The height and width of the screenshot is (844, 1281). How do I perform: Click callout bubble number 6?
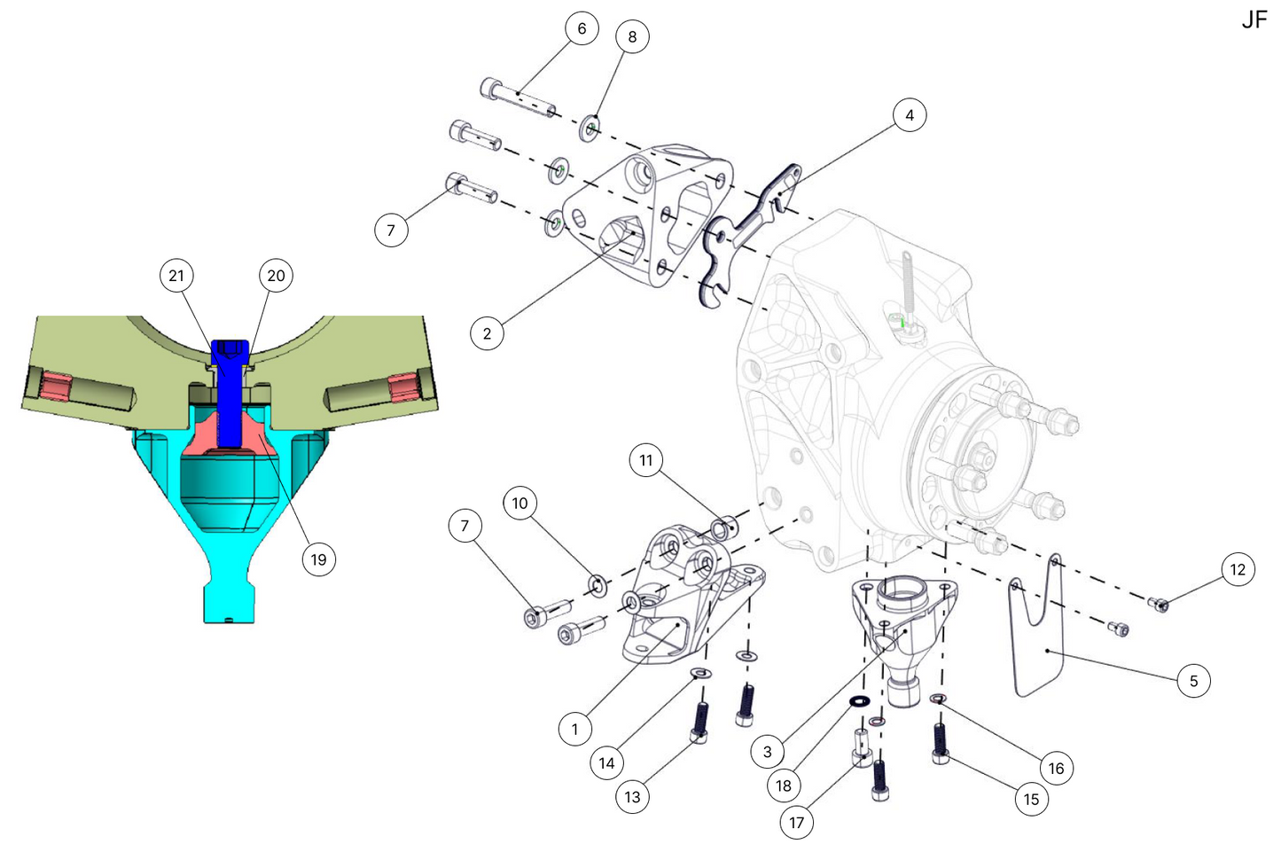tap(582, 28)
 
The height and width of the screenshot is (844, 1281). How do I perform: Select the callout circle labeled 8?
tap(632, 36)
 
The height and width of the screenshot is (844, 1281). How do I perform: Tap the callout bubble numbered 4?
tap(909, 115)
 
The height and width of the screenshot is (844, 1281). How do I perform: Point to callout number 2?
tap(487, 333)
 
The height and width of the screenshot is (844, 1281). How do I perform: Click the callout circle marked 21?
tap(176, 276)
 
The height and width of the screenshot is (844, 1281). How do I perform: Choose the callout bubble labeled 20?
tap(276, 276)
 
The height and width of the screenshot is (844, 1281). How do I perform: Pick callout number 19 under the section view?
tap(318, 559)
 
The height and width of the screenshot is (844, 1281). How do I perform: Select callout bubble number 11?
tap(645, 460)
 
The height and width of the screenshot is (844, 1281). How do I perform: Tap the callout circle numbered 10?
tap(519, 503)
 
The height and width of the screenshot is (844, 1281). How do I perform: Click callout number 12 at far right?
tap(1238, 569)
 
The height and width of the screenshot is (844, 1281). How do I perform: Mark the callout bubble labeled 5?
tap(1193, 681)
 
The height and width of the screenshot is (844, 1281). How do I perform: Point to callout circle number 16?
tap(1056, 768)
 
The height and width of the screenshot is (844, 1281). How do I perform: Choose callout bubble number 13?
tap(632, 797)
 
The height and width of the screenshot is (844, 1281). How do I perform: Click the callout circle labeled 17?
tap(796, 823)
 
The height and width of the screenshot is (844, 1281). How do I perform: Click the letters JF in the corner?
tap(1254, 20)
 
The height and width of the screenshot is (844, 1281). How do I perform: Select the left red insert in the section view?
tap(55, 387)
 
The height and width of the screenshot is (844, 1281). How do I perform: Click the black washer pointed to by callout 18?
tap(858, 702)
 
